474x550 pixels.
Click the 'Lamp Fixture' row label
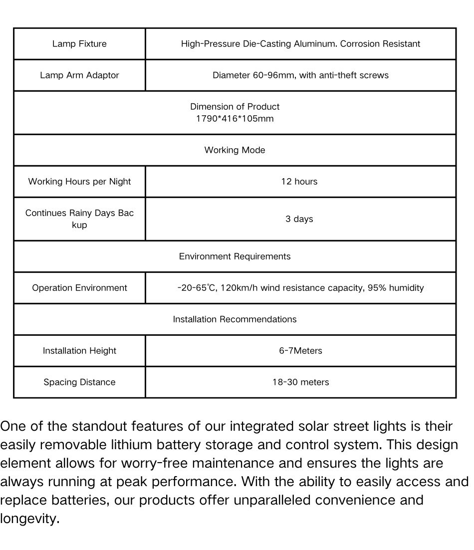pyautogui.click(x=79, y=44)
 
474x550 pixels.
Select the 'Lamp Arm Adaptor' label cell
pyautogui.click(x=79, y=75)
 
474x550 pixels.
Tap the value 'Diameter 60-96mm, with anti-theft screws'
pyautogui.click(x=300, y=75)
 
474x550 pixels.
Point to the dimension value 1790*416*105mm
pyautogui.click(x=235, y=119)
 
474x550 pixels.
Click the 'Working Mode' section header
pyautogui.click(x=235, y=150)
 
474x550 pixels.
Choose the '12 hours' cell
pyautogui.click(x=299, y=182)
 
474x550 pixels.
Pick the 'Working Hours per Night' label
pyautogui.click(x=79, y=182)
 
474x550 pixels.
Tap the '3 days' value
pyautogui.click(x=299, y=219)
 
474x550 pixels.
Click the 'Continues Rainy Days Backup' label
pyautogui.click(x=79, y=219)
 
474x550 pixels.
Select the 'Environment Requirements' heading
pyautogui.click(x=235, y=257)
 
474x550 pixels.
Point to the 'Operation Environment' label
pyautogui.click(x=79, y=288)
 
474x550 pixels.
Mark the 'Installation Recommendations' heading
pyautogui.click(x=235, y=319)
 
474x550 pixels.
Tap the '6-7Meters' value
pyautogui.click(x=300, y=351)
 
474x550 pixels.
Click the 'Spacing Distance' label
pyautogui.click(x=79, y=382)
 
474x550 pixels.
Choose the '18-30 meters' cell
pyautogui.click(x=300, y=382)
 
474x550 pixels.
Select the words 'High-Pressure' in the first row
pyautogui.click(x=211, y=44)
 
